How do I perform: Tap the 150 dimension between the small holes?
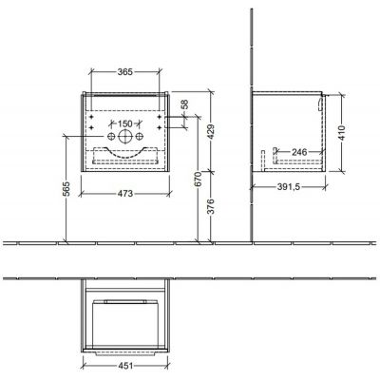125,123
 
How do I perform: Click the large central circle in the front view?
125,137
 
